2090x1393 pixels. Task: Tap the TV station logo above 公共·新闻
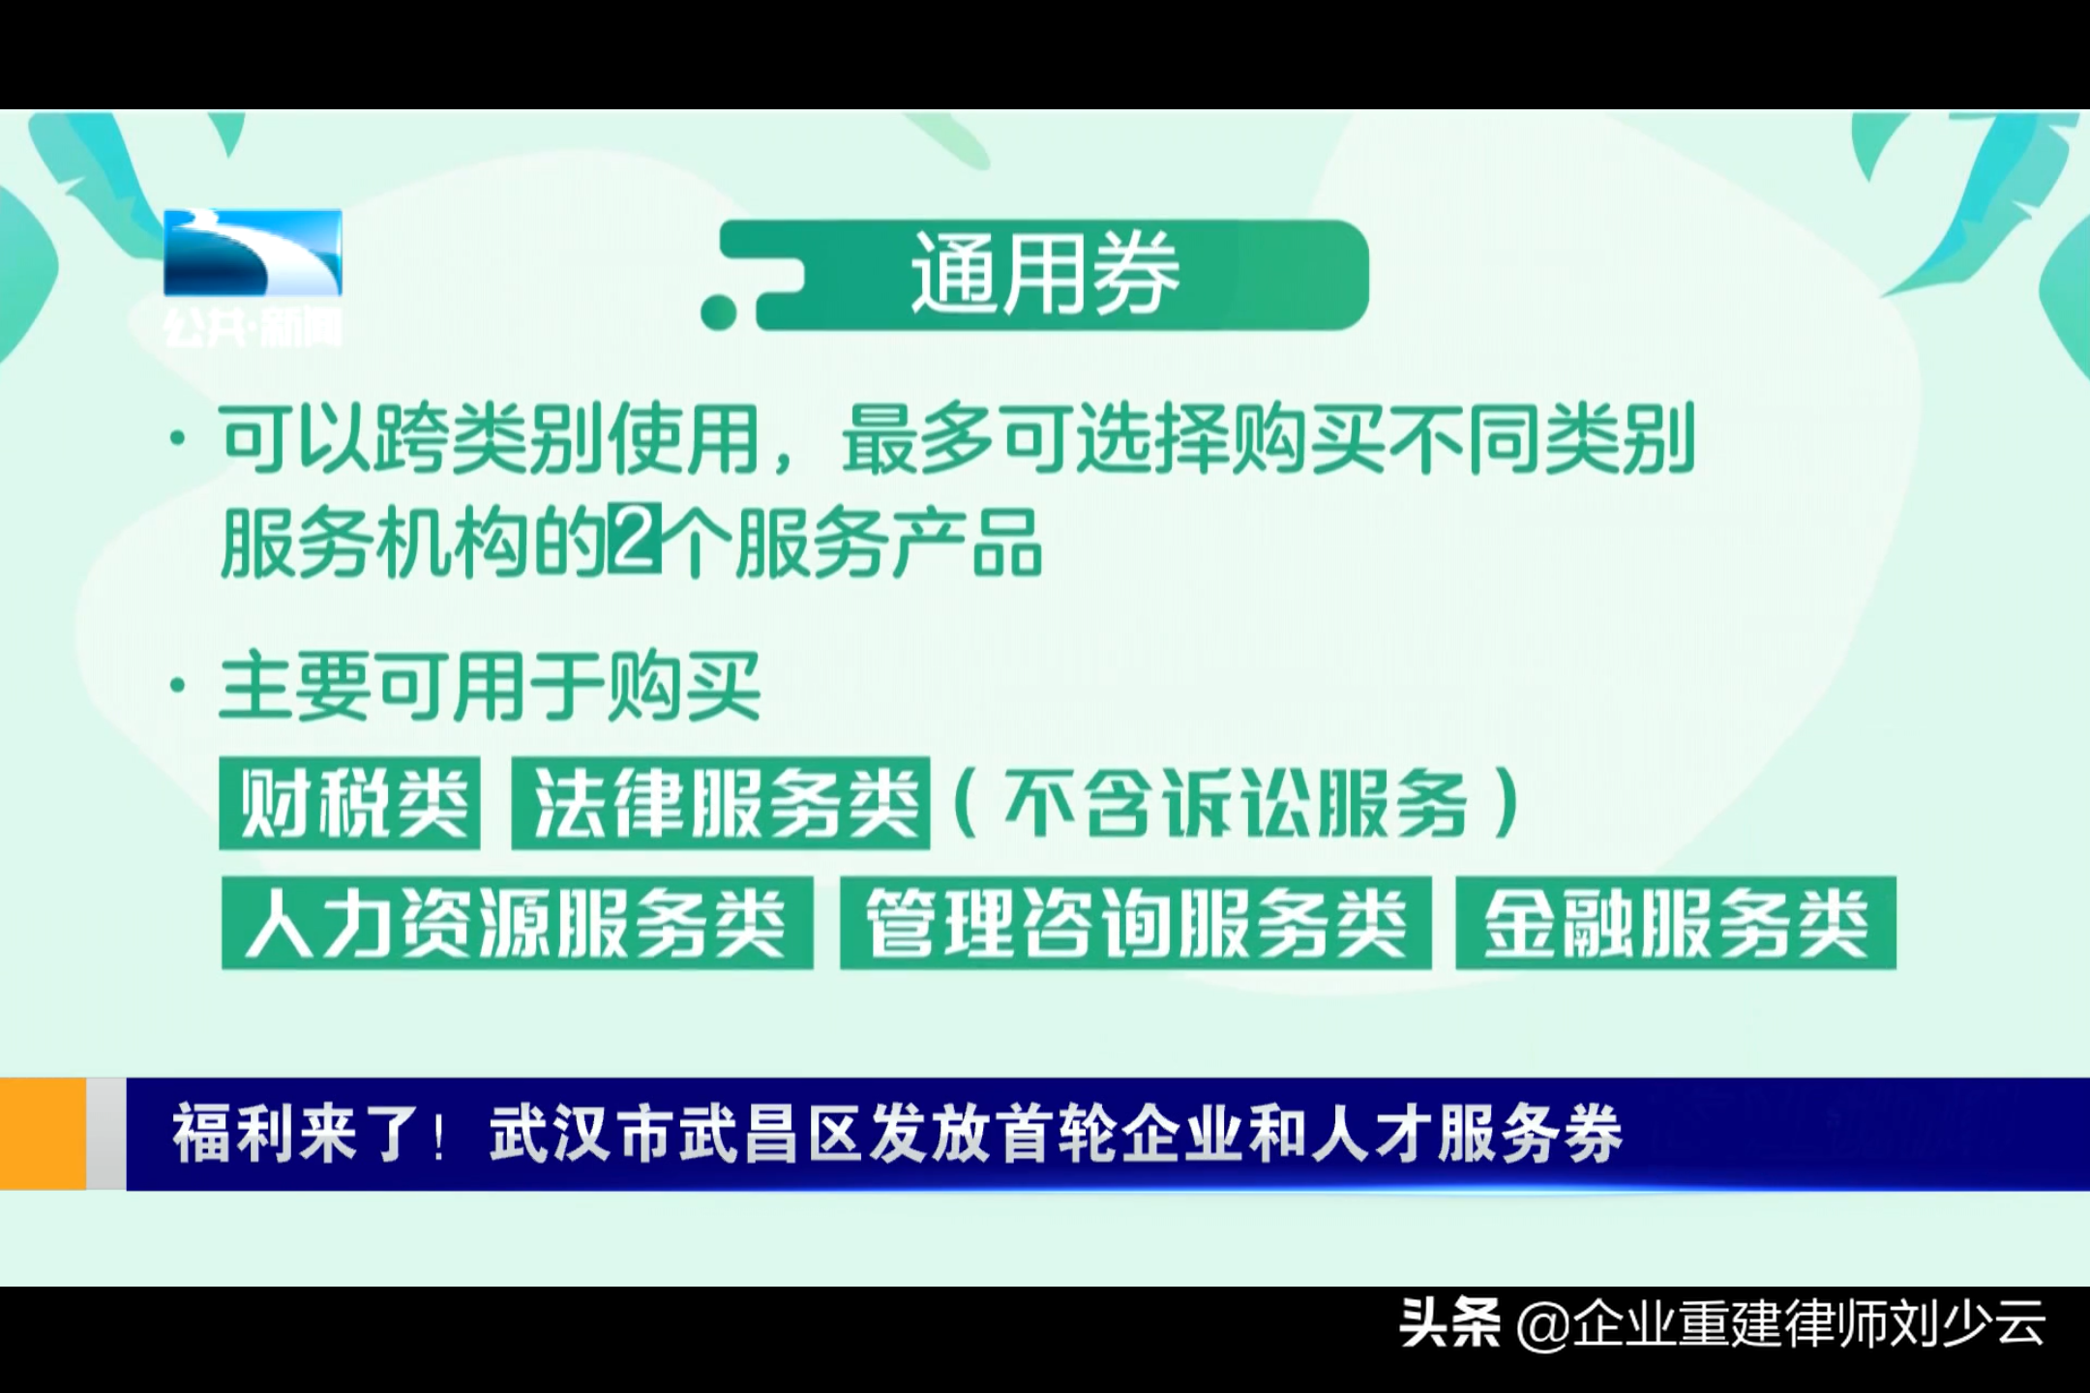pos(253,252)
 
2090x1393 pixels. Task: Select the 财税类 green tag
pos(350,804)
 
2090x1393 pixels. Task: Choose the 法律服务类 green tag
pos(721,804)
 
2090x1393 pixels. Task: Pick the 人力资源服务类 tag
pos(517,923)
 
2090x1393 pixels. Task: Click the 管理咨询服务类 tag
pos(1135,923)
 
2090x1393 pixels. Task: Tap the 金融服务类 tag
pos(1675,923)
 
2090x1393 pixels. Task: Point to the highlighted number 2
pos(635,543)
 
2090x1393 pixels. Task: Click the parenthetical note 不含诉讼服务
pos(1236,804)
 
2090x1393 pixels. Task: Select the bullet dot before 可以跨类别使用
pos(177,441)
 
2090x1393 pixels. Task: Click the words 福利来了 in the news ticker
pos(296,1134)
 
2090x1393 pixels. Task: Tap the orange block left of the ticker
pos(44,1134)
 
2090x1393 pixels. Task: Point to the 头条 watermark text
pos(1449,1323)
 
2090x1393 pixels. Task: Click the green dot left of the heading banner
pos(719,311)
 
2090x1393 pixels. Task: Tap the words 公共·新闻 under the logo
pos(253,329)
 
